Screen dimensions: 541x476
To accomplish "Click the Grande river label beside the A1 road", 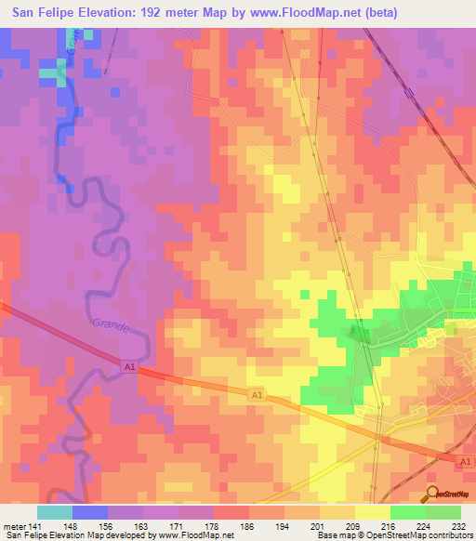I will click(110, 325).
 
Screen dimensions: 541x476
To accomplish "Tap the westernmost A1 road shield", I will click(130, 368).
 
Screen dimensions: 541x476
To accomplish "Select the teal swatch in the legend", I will click(55, 512).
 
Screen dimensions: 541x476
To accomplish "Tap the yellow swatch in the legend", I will click(372, 512).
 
